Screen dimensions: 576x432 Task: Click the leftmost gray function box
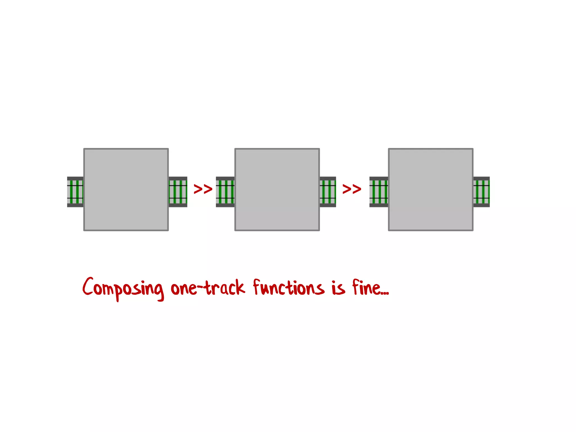[126, 190]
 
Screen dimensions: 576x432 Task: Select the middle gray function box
[277, 190]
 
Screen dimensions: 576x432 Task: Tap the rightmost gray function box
[431, 190]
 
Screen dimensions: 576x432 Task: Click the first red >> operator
[203, 189]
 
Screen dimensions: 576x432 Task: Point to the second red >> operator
[352, 189]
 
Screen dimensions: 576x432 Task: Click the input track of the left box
[75, 192]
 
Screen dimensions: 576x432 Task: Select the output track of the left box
[178, 192]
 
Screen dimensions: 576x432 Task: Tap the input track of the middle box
[225, 192]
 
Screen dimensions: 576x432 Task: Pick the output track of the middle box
[328, 192]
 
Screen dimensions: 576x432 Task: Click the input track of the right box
[379, 192]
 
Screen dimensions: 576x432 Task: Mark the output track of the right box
[481, 192]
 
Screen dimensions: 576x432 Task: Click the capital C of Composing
[88, 286]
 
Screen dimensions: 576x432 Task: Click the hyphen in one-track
[201, 287]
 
